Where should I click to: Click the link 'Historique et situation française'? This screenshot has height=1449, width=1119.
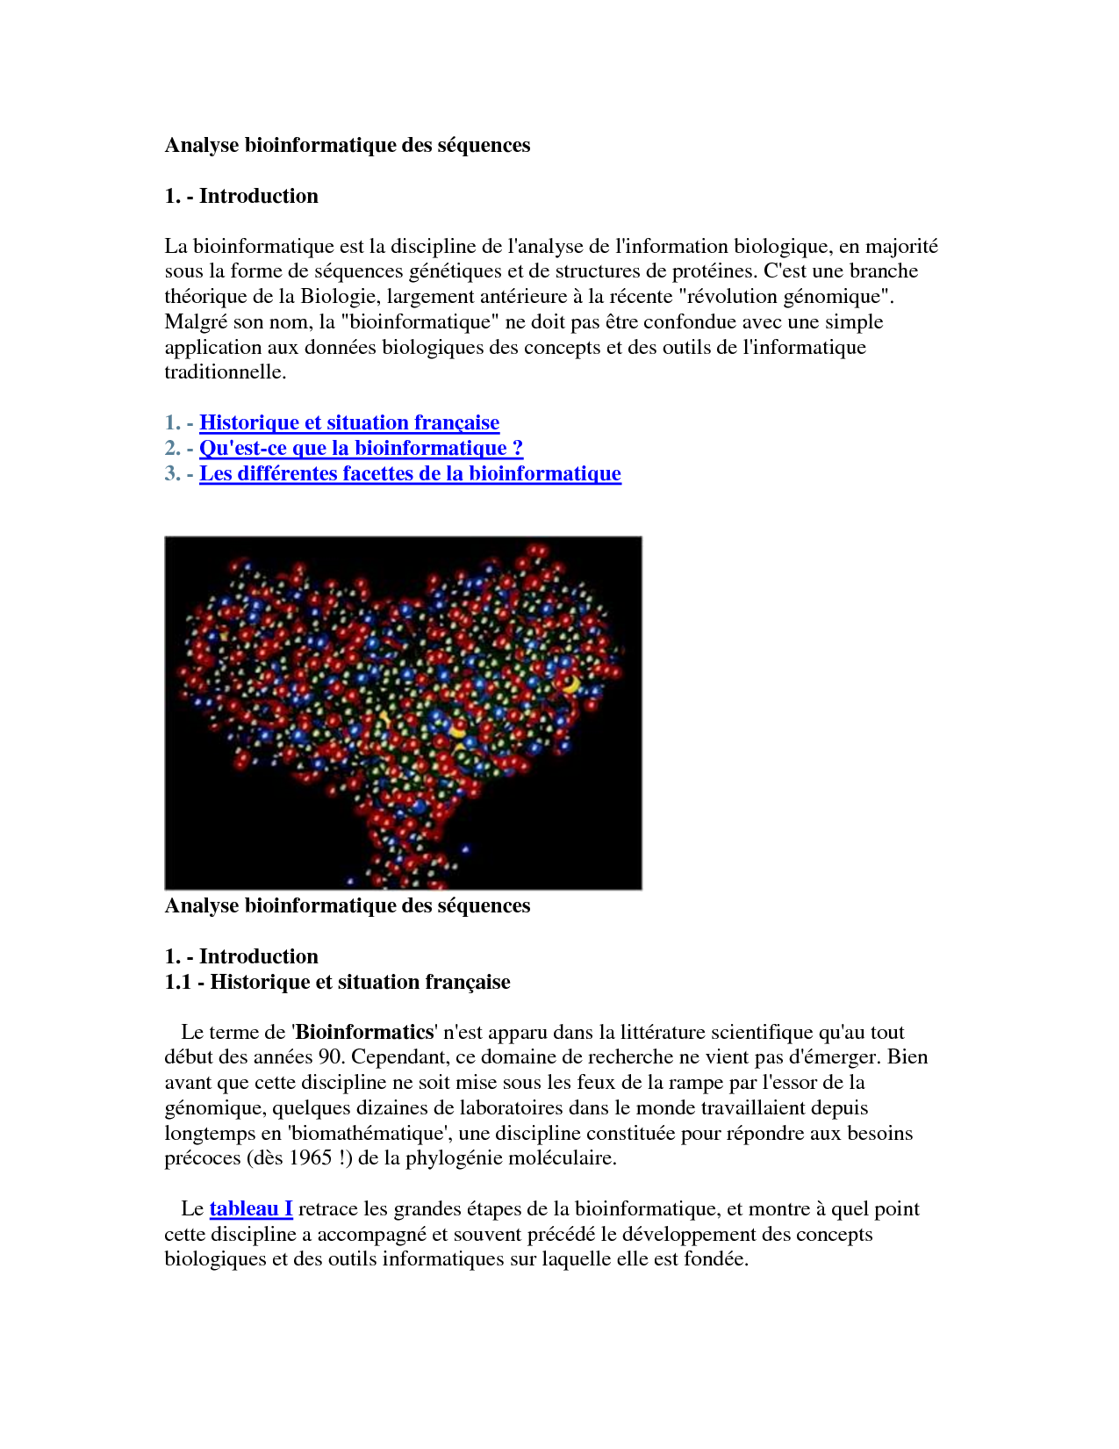pos(349,422)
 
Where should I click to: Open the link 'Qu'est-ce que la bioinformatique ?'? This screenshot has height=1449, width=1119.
pos(361,448)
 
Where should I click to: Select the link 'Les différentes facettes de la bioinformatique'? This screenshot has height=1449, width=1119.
pos(410,473)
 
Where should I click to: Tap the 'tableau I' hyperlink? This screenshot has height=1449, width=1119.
pos(251,1208)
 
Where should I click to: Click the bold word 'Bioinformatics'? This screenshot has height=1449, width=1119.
pos(365,1032)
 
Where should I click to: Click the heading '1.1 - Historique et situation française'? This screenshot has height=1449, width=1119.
pos(337,982)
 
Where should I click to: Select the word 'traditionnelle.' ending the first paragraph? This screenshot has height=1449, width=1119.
pos(226,371)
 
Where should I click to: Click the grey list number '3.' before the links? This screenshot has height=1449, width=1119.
pos(173,473)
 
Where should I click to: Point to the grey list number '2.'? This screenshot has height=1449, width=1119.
pos(173,448)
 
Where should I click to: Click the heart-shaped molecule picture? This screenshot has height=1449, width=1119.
pos(403,712)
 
